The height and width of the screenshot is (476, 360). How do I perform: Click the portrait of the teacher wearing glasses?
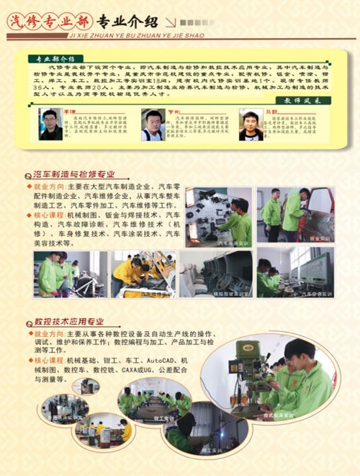50,125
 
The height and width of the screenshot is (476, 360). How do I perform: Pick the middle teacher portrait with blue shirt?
152,125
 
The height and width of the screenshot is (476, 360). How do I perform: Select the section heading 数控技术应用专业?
69,321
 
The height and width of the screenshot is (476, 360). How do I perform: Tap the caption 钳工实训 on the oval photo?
165,418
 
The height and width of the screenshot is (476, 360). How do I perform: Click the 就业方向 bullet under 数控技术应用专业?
48,335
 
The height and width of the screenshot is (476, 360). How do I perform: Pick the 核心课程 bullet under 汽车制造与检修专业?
47,215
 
